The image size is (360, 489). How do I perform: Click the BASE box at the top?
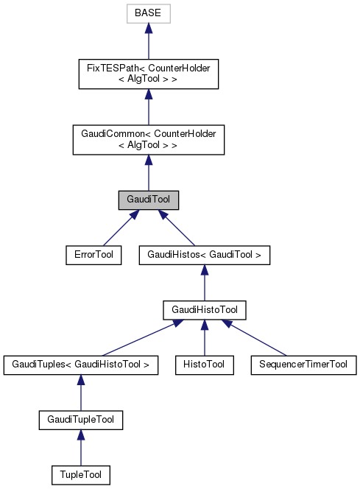pos(148,14)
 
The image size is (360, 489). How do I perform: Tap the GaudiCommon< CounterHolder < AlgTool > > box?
pos(148,139)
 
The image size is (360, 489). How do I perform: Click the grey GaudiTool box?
pos(148,200)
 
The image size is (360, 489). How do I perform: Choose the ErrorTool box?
pos(93,255)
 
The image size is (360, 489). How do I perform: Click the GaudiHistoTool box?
pos(205,309)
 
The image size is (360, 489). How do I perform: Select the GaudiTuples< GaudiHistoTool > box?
pos(81,364)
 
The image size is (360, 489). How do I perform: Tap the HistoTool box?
pos(205,364)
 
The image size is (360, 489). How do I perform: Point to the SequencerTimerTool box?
pos(303,364)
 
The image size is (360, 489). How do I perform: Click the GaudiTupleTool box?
pos(81,420)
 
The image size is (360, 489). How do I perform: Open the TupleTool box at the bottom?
pos(81,475)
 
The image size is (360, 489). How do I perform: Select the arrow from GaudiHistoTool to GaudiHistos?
pos(205,283)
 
